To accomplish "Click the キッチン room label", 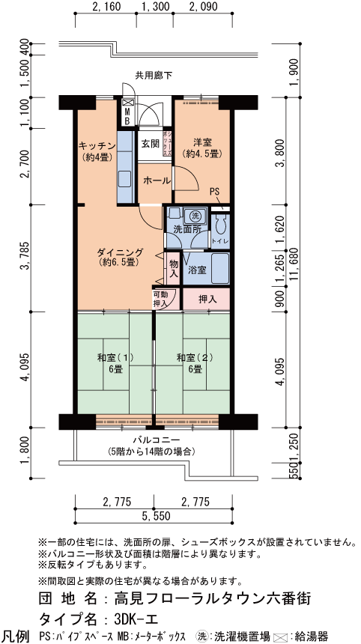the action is point(95,151).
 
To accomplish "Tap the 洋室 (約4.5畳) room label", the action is point(202,149).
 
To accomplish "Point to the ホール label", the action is point(157,180).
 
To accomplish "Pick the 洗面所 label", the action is point(186,230).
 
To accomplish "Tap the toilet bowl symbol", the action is point(219,224).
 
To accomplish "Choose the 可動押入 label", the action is point(160,299).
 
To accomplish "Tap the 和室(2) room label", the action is point(195,362).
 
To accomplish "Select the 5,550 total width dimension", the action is point(154,516).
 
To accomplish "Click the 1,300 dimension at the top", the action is point(155,6).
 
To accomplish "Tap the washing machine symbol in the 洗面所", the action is point(196,215).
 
